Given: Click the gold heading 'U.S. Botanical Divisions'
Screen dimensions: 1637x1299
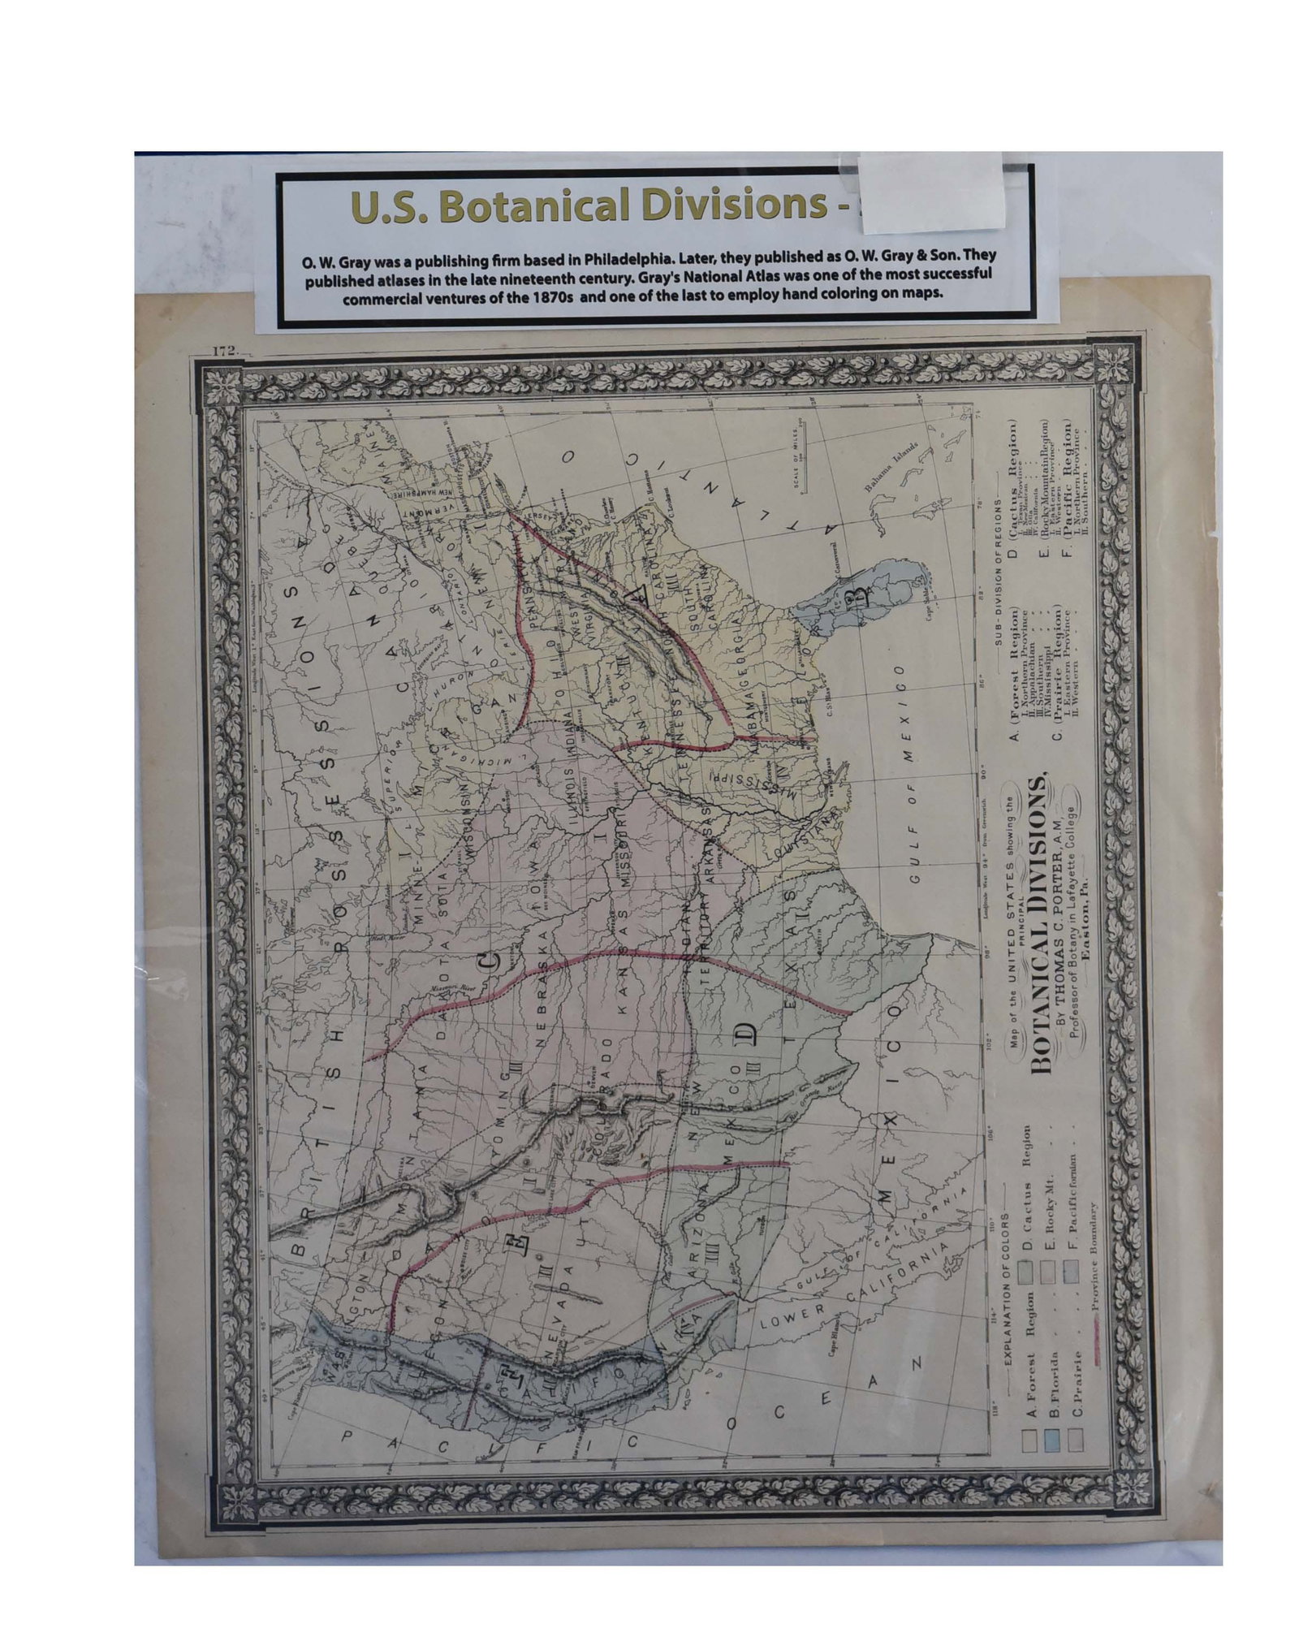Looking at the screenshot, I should coord(590,208).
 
